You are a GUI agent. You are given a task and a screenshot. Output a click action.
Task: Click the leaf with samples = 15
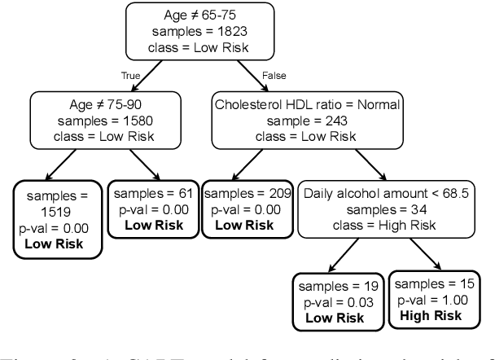tap(435, 300)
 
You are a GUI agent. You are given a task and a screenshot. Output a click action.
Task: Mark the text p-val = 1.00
tap(435, 300)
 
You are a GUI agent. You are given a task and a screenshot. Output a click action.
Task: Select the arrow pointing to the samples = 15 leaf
tap(428, 261)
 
